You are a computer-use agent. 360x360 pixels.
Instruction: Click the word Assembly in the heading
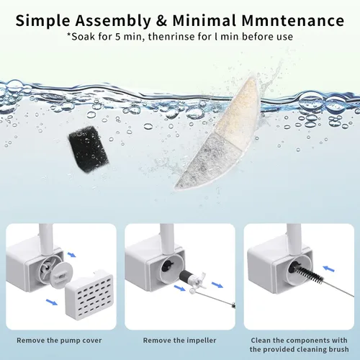click(x=112, y=21)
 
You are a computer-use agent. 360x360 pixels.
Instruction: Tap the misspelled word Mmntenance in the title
click(x=293, y=21)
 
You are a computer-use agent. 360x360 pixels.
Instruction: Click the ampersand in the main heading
click(x=161, y=21)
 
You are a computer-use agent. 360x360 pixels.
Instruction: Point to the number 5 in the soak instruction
click(x=117, y=37)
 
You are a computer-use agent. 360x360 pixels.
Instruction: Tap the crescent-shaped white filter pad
click(x=220, y=135)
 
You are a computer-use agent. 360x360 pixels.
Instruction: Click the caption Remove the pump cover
click(x=59, y=341)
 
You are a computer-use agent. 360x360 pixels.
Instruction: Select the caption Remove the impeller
click(x=179, y=341)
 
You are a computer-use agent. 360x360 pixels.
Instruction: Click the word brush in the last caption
click(x=336, y=349)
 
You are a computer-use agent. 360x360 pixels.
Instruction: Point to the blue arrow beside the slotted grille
click(x=52, y=302)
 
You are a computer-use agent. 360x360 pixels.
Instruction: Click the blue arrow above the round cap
click(x=71, y=254)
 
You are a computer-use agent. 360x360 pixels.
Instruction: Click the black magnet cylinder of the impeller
click(x=185, y=276)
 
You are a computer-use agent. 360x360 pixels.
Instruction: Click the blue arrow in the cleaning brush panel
click(x=328, y=269)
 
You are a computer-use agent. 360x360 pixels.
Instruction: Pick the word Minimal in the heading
click(x=204, y=21)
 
